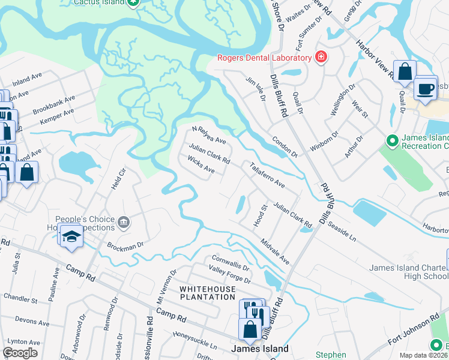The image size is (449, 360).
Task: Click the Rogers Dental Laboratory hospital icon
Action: coord(321,58)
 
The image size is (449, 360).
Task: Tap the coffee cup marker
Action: coord(426,88)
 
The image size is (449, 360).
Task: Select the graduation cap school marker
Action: coord(71,237)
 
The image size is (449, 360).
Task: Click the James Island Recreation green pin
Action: coord(393,142)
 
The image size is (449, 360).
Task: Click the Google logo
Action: coord(20,353)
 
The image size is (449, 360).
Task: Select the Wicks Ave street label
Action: coord(200,165)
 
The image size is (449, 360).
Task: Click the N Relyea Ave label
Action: coord(208,136)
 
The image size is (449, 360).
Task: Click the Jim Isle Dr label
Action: coord(255,88)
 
